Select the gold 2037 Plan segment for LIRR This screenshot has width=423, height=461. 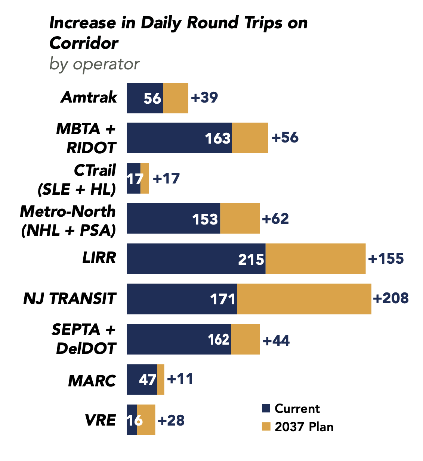pyautogui.click(x=315, y=259)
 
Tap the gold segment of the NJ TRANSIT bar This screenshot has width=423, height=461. pyautogui.click(x=304, y=299)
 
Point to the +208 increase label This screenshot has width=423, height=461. pyautogui.click(x=391, y=298)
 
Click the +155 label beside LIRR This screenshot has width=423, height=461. pyautogui.click(x=386, y=259)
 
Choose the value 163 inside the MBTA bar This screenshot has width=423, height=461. pyautogui.click(x=218, y=138)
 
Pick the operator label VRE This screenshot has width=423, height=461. pyautogui.click(x=100, y=420)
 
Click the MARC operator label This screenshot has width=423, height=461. pyautogui.click(x=92, y=381)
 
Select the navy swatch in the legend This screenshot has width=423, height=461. pyautogui.click(x=266, y=408)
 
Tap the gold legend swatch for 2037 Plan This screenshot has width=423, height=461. pyautogui.click(x=266, y=426)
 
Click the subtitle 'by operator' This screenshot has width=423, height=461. pyautogui.click(x=95, y=64)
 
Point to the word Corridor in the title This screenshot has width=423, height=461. pyautogui.click(x=84, y=43)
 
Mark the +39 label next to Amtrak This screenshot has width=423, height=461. pyautogui.click(x=204, y=98)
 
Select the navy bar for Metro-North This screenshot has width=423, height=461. pyautogui.click(x=173, y=219)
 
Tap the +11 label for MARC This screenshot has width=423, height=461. pyautogui.click(x=180, y=379)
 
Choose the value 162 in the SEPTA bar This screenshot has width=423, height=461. pyautogui.click(x=219, y=340)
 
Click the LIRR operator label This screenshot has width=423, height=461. pyautogui.click(x=99, y=258)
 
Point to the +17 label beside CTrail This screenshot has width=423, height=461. pyautogui.click(x=166, y=179)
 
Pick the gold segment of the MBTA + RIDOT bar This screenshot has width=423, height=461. pyautogui.click(x=250, y=138)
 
